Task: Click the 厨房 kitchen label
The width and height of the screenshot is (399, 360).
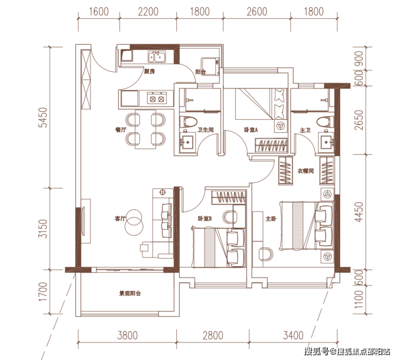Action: [x=149, y=72]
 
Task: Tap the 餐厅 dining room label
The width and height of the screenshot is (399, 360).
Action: [x=121, y=130]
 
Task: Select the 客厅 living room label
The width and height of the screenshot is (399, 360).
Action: [x=120, y=219]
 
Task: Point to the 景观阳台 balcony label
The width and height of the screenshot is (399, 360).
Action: [x=130, y=294]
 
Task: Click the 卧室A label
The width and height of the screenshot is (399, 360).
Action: [x=251, y=130]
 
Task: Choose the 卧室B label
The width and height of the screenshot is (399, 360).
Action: [x=205, y=219]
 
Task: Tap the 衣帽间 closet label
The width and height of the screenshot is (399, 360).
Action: [x=305, y=171]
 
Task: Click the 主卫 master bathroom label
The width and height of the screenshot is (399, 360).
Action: [x=305, y=130]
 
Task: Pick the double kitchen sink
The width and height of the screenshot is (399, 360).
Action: [x=157, y=57]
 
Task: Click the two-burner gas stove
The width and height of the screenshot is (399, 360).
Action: [x=157, y=99]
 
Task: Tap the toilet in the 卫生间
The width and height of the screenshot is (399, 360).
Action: [x=188, y=122]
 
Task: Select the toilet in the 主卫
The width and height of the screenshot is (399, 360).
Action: [x=326, y=122]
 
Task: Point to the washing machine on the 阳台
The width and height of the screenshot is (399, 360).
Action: [x=210, y=66]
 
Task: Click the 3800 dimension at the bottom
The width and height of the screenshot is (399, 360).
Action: [x=127, y=335]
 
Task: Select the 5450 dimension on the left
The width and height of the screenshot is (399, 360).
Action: [x=43, y=118]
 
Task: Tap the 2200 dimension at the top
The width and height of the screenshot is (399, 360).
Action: [x=148, y=12]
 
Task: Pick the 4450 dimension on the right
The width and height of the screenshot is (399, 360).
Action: [x=359, y=212]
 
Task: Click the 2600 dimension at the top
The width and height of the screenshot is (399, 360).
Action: [x=257, y=12]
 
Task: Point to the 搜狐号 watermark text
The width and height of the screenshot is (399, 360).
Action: [x=317, y=352]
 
